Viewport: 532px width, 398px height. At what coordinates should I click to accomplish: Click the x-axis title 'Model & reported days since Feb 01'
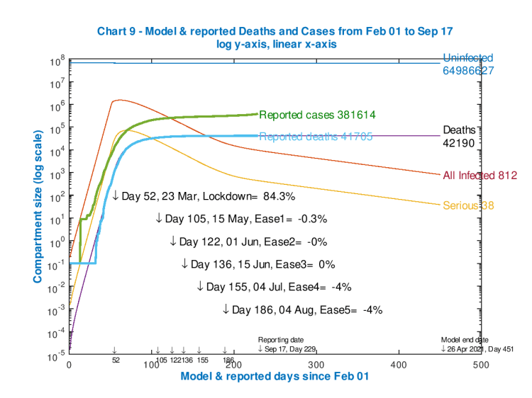click(x=275, y=377)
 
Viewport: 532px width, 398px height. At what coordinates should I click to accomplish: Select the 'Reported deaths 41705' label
click(x=316, y=137)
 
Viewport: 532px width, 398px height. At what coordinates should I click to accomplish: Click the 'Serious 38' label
click(x=467, y=205)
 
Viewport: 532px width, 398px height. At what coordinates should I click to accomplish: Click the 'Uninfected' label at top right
click(x=467, y=58)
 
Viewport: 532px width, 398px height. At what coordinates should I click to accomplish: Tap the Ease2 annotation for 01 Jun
click(x=248, y=241)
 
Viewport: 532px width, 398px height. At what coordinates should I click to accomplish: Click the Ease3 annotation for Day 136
click(x=258, y=264)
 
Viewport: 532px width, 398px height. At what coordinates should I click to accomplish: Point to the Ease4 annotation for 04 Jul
click(x=272, y=287)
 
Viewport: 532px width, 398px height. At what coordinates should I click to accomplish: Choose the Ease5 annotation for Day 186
click(x=303, y=309)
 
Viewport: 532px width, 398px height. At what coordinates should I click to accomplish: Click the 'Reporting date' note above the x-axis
click(x=279, y=340)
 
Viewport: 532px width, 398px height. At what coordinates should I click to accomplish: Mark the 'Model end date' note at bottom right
click(x=465, y=340)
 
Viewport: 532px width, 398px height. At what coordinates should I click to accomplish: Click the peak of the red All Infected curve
click(x=118, y=100)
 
